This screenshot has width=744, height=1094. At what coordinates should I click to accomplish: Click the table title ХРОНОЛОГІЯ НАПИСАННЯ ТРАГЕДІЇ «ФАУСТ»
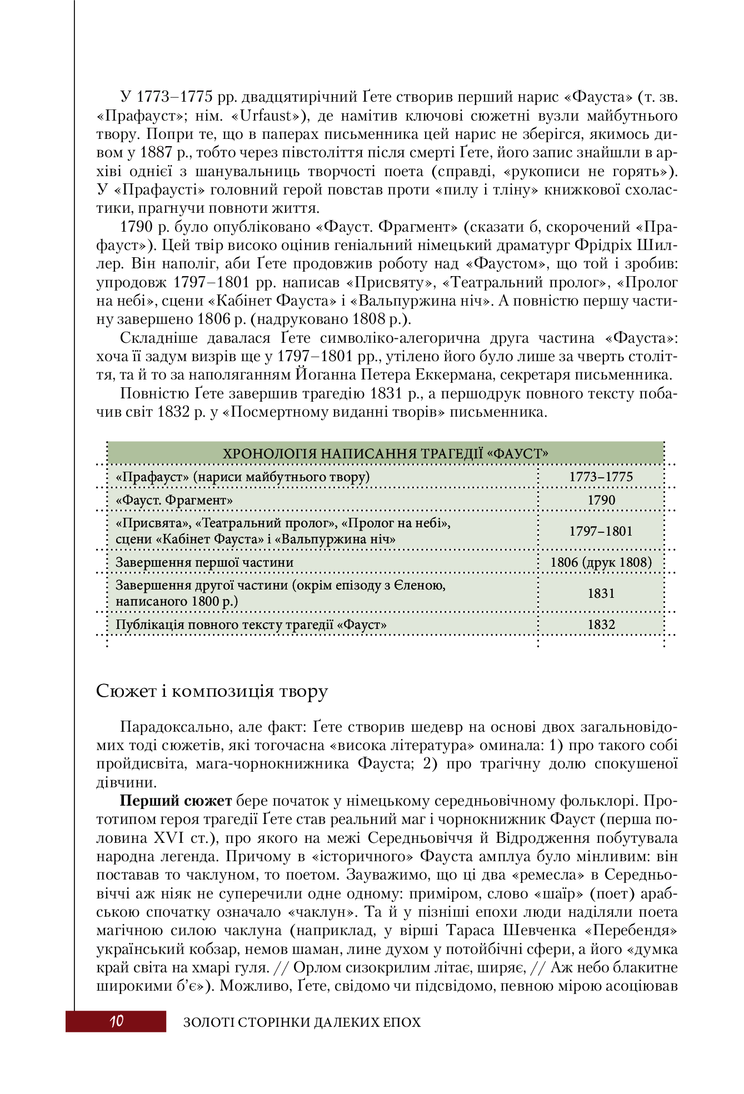[385, 454]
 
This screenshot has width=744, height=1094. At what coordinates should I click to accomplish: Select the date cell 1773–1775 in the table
[601, 477]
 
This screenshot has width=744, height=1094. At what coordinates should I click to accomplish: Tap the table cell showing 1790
[601, 500]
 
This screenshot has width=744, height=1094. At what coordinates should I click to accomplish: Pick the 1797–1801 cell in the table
[601, 531]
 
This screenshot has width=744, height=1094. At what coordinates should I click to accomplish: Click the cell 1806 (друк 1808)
[601, 562]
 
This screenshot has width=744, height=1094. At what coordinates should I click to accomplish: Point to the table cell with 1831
[601, 593]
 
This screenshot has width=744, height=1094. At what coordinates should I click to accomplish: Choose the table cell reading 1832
[601, 625]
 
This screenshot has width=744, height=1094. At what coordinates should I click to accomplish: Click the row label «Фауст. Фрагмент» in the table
[174, 500]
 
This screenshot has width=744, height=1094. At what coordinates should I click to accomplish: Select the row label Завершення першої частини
[204, 562]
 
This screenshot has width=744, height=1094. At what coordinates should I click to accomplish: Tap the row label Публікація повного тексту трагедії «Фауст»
[251, 625]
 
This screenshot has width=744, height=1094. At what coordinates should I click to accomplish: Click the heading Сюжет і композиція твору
[212, 691]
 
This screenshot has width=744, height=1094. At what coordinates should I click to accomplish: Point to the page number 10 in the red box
[116, 1021]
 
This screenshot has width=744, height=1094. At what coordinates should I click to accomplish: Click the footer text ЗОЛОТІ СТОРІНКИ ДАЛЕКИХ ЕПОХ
[302, 1022]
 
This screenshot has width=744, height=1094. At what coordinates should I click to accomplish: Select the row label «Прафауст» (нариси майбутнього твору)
[242, 477]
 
